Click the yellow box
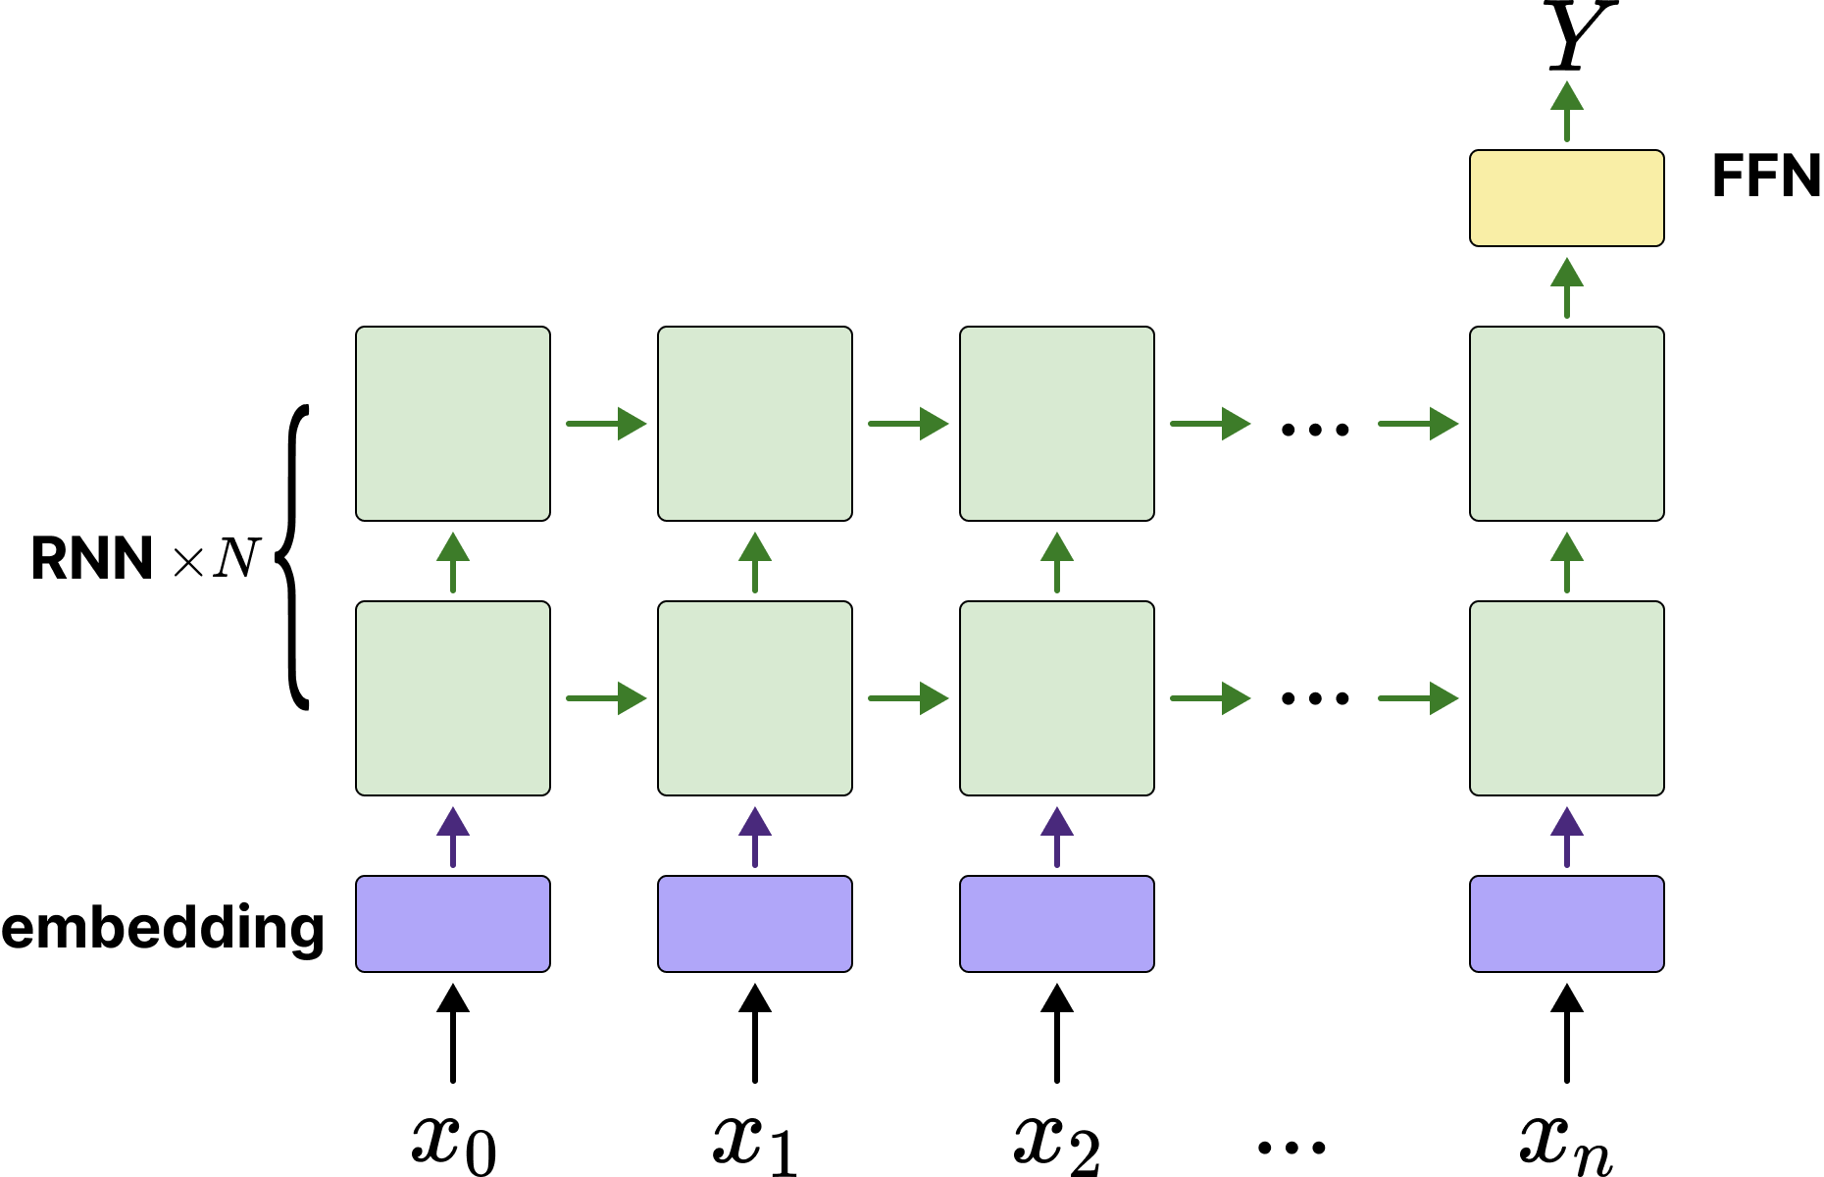pos(1566,198)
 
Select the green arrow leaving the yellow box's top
pos(1566,110)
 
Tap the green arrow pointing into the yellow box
pos(1566,286)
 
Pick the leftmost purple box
pos(452,923)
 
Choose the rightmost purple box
pos(1566,923)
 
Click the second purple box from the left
pos(754,923)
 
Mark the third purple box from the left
pos(1056,923)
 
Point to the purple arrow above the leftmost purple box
pos(452,836)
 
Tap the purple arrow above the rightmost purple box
pos(1566,836)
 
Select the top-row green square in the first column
pos(452,423)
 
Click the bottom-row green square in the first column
pos(452,697)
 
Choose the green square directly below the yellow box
pos(1566,423)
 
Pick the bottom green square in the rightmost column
pos(1566,697)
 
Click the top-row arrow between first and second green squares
pos(606,424)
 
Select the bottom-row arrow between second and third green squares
pos(908,698)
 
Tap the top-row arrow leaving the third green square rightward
pos(1210,424)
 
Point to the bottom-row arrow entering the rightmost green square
pos(1418,698)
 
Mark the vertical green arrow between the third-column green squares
pos(1056,561)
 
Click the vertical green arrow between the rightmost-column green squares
pos(1566,561)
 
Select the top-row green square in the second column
pos(754,423)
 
